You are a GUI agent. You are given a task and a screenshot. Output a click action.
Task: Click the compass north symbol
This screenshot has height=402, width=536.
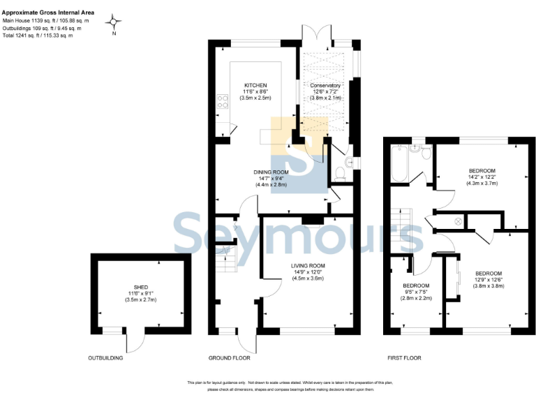[114, 23]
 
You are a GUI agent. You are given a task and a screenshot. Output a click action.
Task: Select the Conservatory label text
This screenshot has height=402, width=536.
[325, 84]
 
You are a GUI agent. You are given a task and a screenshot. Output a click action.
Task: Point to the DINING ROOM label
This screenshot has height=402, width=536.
[271, 172]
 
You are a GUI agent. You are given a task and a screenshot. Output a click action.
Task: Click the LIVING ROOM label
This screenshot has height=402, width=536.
[308, 266]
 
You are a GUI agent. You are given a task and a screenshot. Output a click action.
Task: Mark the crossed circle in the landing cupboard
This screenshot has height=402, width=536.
[458, 222]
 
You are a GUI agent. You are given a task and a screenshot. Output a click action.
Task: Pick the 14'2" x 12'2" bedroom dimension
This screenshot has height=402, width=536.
[482, 177]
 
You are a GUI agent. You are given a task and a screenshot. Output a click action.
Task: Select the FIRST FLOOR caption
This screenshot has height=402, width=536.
[404, 358]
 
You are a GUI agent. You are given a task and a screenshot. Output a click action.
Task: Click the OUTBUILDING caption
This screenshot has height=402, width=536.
[105, 358]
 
